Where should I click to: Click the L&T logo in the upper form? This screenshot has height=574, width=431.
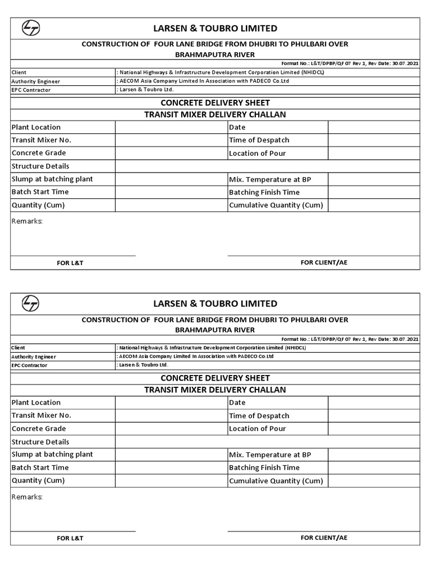click(x=30, y=28)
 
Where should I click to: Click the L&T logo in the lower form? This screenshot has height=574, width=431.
click(x=30, y=303)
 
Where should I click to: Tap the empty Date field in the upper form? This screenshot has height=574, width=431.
click(x=374, y=127)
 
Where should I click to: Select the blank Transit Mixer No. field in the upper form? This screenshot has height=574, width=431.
click(x=171, y=140)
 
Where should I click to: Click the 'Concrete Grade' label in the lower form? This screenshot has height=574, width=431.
click(x=39, y=428)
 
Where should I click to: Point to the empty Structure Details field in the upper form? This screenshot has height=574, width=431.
click(x=267, y=166)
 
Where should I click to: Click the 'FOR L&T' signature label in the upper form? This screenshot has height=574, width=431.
click(x=70, y=263)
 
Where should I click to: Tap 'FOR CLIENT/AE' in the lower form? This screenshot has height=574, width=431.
click(x=324, y=538)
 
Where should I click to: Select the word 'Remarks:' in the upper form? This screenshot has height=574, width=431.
click(x=27, y=221)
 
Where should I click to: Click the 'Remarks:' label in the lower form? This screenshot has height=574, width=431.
click(x=27, y=497)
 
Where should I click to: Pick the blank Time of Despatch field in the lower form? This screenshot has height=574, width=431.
click(x=374, y=415)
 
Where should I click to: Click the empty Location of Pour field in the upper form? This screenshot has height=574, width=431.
click(x=374, y=153)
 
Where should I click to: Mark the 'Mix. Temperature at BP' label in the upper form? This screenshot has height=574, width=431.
click(x=270, y=179)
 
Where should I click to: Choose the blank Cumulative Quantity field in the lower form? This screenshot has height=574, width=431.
click(x=374, y=480)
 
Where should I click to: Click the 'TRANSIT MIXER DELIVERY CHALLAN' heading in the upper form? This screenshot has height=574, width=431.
click(x=215, y=114)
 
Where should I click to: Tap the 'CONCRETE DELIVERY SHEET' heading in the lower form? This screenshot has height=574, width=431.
click(x=215, y=378)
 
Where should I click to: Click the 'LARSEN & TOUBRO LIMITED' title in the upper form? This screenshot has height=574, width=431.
click(x=215, y=28)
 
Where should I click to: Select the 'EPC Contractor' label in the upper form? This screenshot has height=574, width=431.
click(x=31, y=90)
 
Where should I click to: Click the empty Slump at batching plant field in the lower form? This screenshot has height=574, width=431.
click(x=171, y=454)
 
